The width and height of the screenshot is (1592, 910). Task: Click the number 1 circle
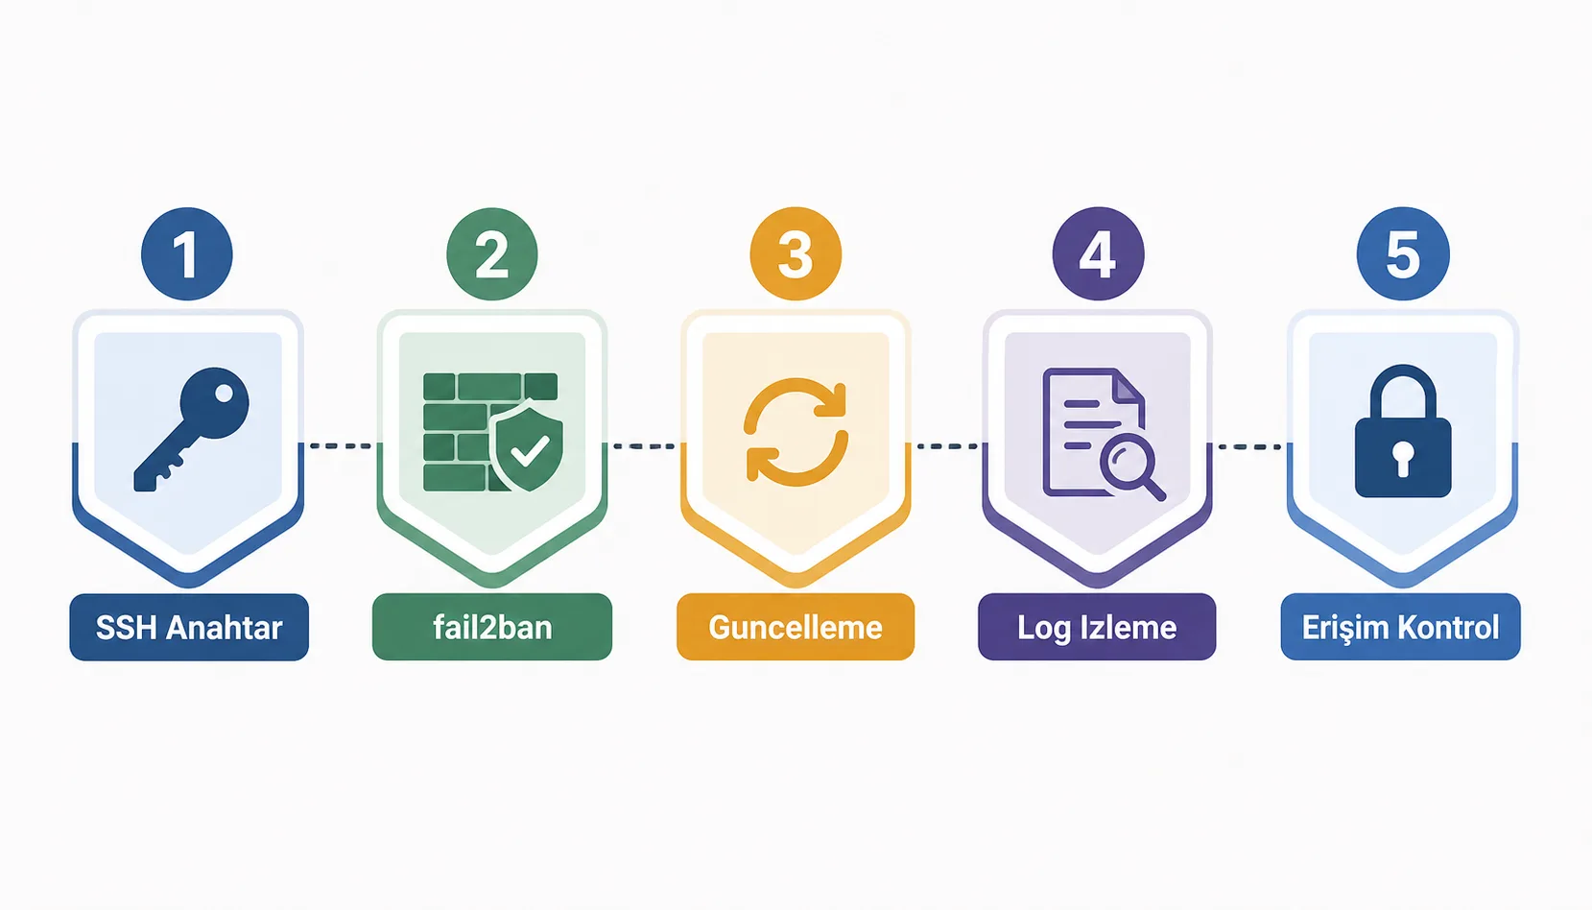(187, 253)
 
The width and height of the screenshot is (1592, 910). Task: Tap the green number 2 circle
(492, 253)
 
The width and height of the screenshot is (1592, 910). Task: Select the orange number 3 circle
(796, 253)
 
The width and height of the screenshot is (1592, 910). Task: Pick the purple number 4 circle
(1098, 253)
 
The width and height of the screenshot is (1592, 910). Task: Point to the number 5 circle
(1403, 253)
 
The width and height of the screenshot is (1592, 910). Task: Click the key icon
(191, 429)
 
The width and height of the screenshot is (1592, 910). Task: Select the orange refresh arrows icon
(796, 432)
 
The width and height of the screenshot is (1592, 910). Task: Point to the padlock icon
(1403, 431)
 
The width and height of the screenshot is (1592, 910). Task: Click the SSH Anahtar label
(189, 627)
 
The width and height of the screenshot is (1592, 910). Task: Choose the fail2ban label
(492, 627)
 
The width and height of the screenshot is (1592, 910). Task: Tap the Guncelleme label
(796, 627)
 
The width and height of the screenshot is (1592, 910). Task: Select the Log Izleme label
(1097, 627)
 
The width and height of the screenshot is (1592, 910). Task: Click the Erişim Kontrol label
(1400, 627)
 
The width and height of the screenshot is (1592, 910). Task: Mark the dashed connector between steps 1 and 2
(341, 445)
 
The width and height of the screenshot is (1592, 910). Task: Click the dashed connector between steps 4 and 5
(1249, 446)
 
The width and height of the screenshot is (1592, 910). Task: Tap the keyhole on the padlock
(1402, 459)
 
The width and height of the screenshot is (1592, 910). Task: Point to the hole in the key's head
(224, 393)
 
